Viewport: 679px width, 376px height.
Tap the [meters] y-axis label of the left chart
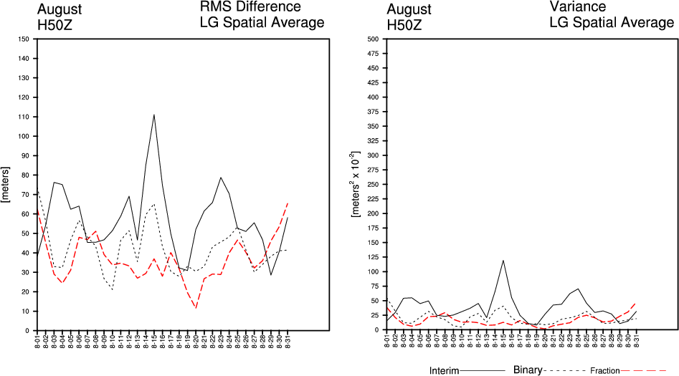pos(6,184)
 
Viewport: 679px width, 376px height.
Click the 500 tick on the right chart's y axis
pos(372,39)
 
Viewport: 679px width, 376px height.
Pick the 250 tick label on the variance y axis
pos(372,184)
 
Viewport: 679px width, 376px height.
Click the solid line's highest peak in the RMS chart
pos(153,115)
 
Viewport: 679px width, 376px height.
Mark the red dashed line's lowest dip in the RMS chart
pos(196,308)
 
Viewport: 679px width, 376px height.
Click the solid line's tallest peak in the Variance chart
pos(503,260)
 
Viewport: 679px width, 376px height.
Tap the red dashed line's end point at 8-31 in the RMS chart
pos(288,203)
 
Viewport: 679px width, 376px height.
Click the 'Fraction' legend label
pos(605,371)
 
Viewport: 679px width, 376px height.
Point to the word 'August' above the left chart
pos(60,9)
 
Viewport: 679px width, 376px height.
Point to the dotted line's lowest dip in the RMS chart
pos(112,289)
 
